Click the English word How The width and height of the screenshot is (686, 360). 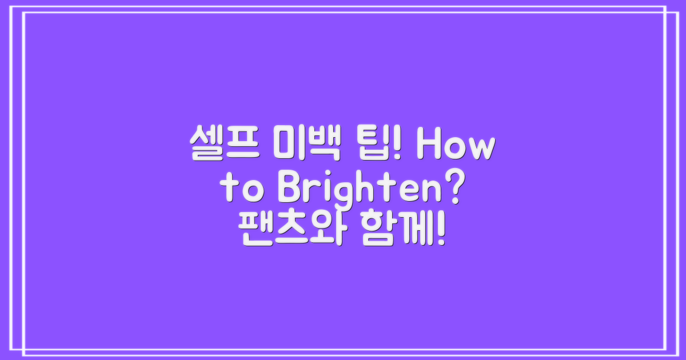(454, 146)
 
